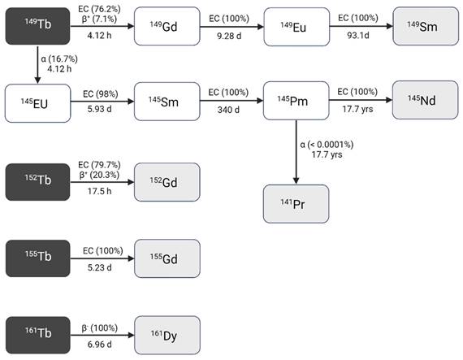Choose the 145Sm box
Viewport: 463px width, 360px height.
167,101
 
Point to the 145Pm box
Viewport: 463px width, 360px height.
296,101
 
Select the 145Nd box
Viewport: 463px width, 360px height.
425,101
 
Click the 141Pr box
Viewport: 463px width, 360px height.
296,203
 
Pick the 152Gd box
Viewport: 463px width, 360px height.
167,181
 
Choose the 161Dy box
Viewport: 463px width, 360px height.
167,336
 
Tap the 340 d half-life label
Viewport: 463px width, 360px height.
231,112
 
